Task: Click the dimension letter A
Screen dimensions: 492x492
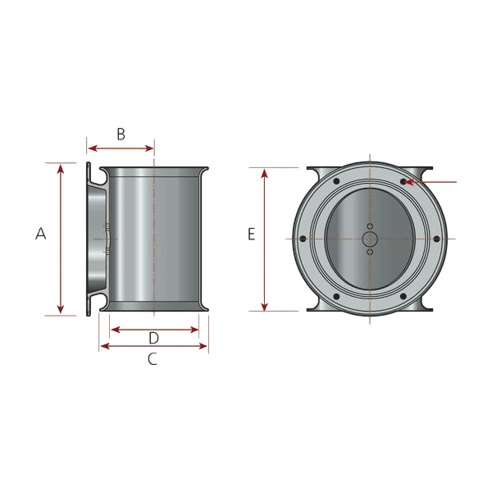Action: (x=41, y=234)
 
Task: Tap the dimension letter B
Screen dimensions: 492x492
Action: (x=121, y=134)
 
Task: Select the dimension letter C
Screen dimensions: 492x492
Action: (x=153, y=359)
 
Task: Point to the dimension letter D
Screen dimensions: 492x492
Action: (x=154, y=338)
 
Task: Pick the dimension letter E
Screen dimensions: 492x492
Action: (x=252, y=234)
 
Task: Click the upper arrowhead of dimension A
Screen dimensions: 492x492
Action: (x=61, y=169)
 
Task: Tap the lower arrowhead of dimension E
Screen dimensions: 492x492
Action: (x=265, y=307)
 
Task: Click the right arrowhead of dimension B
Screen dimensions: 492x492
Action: (x=149, y=148)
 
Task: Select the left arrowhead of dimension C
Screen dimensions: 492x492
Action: (x=105, y=346)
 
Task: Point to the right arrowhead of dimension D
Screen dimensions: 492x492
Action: (x=194, y=330)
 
